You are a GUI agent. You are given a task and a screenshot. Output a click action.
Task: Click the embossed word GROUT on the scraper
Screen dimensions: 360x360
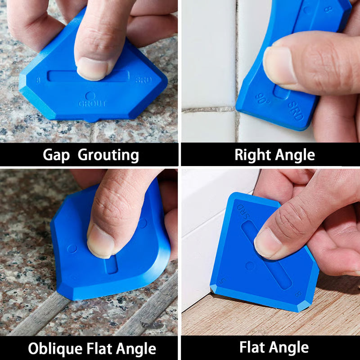coord(93,103)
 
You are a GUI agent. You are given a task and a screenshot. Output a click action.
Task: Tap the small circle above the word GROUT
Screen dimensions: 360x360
coord(90,96)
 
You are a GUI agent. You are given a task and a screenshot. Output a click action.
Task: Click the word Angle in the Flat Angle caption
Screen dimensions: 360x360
coord(288,347)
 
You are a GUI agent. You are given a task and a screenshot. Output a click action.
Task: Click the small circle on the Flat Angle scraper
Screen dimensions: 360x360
coord(250,266)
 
